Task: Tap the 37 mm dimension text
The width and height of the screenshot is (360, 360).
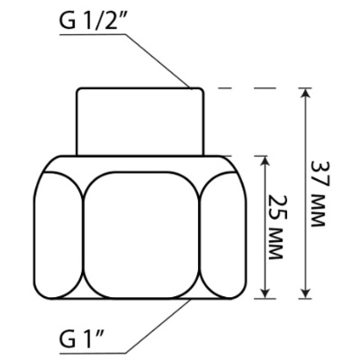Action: point(318,193)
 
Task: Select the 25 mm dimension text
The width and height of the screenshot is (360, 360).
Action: point(275,228)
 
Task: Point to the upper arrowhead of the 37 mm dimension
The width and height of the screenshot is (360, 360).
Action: point(305,94)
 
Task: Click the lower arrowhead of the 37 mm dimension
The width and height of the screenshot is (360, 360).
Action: point(305,293)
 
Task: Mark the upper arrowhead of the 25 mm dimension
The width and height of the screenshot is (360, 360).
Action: point(265,161)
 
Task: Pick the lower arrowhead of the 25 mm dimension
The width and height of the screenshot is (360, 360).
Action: point(265,293)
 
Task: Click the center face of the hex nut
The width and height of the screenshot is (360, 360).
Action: point(140,235)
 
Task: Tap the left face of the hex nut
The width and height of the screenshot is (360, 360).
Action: point(58,236)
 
